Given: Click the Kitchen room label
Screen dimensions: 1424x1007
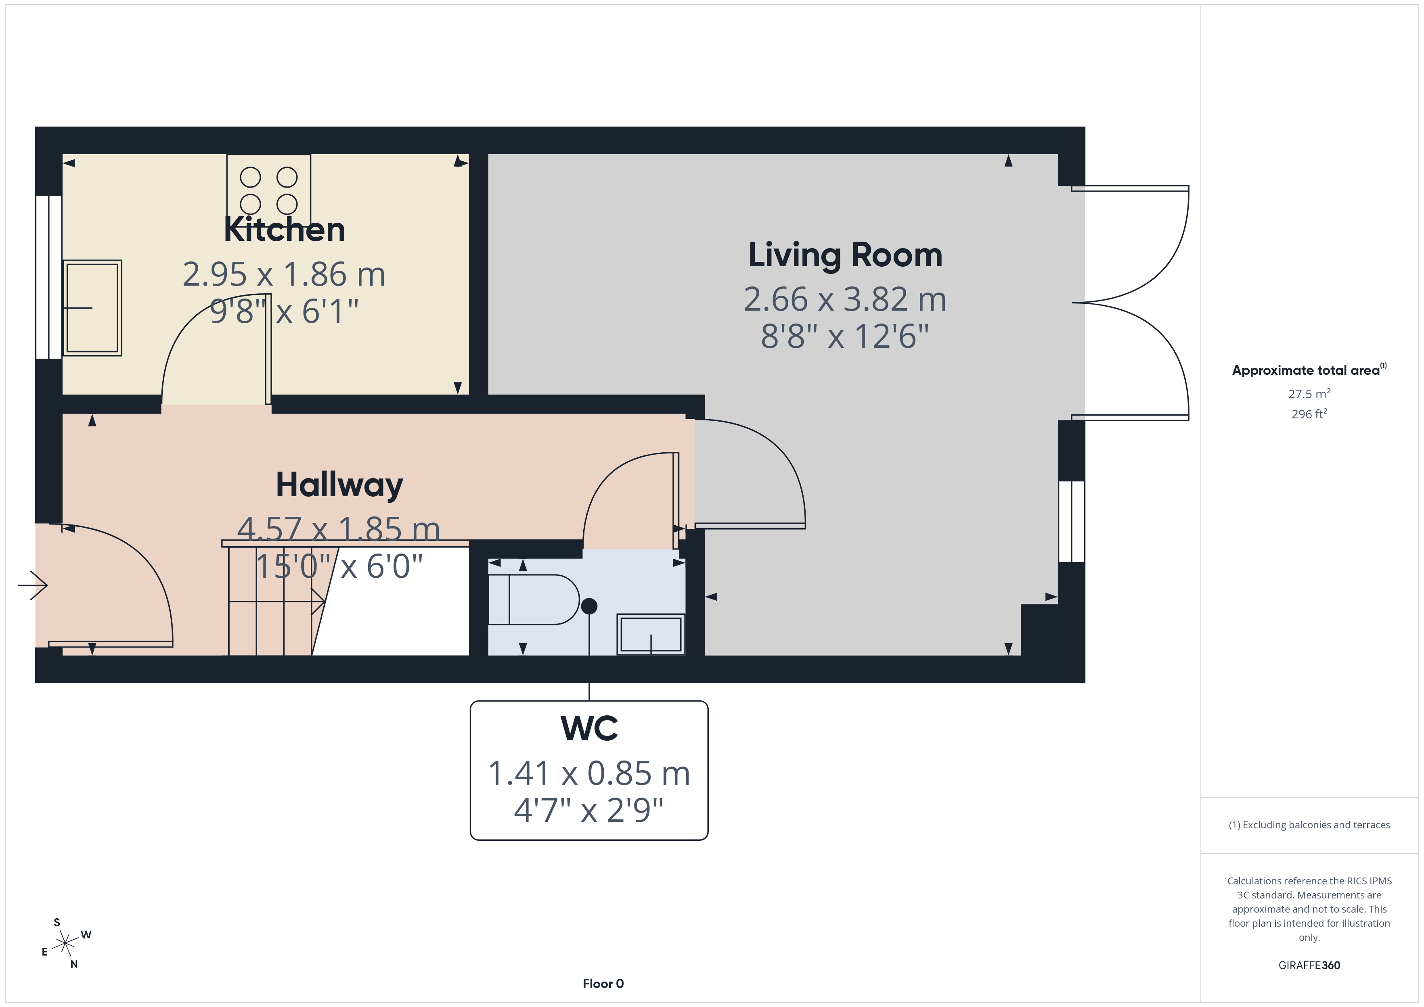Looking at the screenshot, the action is point(284,230).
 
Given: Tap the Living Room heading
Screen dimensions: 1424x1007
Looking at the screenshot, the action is point(845,255).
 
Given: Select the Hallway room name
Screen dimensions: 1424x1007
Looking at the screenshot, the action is point(339,485).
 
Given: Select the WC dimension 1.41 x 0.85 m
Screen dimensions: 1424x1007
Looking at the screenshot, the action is point(589,773).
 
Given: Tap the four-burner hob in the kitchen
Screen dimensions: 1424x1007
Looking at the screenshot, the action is point(268,186).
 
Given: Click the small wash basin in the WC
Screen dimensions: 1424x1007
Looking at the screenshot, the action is point(651,634).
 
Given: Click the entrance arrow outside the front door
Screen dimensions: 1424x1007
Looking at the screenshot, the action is point(33,585).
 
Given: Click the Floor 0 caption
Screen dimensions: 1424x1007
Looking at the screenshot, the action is point(603,984).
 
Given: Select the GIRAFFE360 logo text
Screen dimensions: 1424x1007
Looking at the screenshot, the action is point(1309,965).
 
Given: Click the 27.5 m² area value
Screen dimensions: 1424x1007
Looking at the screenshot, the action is point(1309,394).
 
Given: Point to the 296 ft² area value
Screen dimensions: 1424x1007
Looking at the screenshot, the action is point(1309,414).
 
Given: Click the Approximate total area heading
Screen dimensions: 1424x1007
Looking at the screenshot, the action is point(1309,370).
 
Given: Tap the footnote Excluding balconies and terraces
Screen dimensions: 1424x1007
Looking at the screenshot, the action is point(1309,825).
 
